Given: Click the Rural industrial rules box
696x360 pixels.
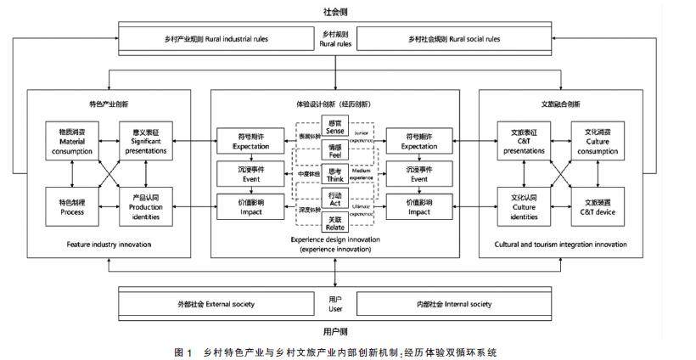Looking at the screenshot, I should click(216, 39).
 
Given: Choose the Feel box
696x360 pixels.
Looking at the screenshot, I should click(334, 151).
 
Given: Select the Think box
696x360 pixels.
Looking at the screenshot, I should click(334, 175).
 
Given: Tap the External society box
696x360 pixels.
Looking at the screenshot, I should click(216, 304).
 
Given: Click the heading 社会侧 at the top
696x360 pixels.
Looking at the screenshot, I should click(334, 12).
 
